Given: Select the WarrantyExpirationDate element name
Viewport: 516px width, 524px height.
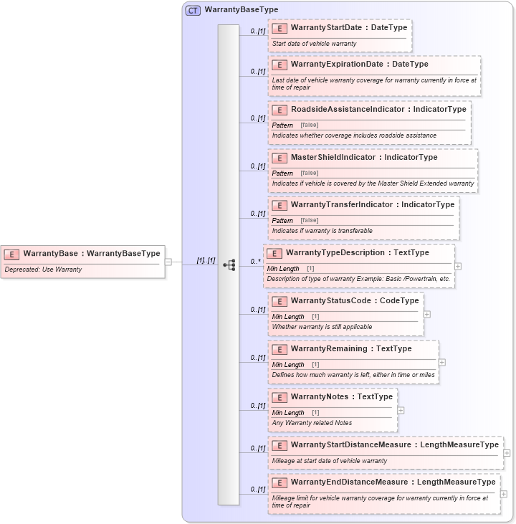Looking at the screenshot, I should [x=337, y=65].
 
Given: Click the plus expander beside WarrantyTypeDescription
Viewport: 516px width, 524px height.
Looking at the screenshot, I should [x=458, y=266].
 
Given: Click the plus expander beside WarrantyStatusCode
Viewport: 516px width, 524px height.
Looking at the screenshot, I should [x=427, y=314].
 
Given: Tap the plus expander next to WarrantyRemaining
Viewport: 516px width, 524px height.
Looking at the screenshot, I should [x=442, y=362].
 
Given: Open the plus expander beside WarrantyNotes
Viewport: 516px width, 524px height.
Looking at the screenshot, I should [x=401, y=410].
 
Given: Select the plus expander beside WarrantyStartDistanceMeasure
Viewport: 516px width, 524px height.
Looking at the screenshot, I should [x=507, y=453].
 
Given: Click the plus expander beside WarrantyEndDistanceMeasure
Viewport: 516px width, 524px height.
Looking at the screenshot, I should [x=504, y=494].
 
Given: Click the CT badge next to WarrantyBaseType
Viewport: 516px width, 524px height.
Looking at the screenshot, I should [x=193, y=10].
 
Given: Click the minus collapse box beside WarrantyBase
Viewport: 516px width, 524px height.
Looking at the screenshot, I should [x=168, y=261].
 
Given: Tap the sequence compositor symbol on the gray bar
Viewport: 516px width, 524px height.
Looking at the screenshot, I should [x=229, y=265].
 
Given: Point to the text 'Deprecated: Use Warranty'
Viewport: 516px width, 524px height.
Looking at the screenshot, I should [x=43, y=270].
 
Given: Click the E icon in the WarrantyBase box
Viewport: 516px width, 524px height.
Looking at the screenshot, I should [x=12, y=254].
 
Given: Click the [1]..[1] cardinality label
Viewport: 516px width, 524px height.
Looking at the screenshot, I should [x=206, y=260].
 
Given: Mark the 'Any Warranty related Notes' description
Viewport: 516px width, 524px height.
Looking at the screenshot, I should [x=312, y=423].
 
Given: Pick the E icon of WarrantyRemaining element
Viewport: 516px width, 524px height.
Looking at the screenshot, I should [x=280, y=349].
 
